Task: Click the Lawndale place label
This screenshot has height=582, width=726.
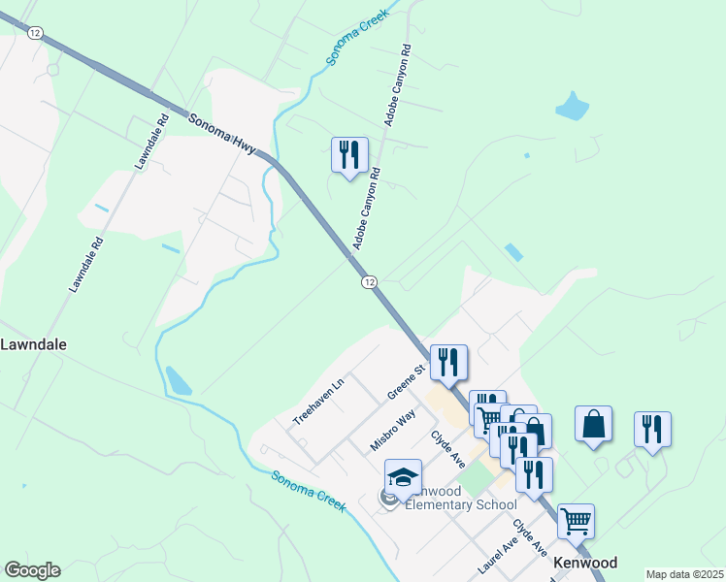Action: coord(32,344)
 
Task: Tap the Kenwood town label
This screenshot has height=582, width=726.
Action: coord(585,563)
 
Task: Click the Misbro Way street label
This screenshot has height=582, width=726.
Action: coord(393,430)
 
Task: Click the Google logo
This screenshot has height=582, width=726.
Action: coord(32,570)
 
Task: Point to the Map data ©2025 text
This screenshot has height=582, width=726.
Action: coord(684,574)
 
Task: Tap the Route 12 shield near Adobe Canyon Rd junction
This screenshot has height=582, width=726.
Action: coord(369,281)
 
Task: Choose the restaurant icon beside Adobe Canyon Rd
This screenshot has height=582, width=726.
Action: coord(349,155)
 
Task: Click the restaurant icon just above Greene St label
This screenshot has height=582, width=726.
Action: coord(448,363)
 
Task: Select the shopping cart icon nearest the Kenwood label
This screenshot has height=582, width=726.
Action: coord(576,521)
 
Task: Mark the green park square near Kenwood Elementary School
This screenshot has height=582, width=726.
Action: coord(475,478)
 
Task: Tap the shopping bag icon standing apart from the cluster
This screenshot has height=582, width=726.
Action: coord(593,425)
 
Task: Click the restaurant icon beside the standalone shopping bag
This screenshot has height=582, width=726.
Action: coord(652,430)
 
